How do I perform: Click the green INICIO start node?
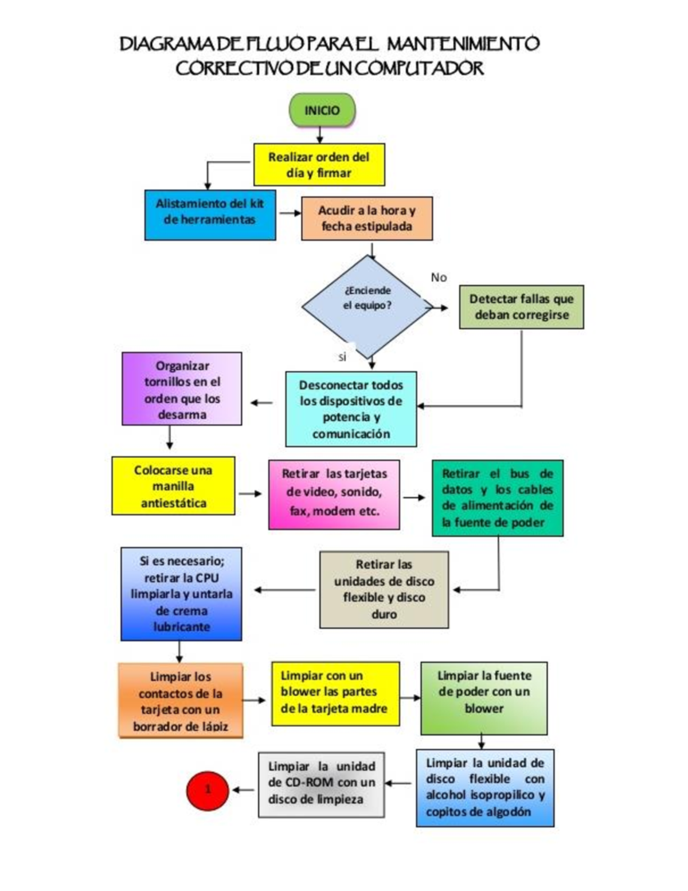(x=322, y=111)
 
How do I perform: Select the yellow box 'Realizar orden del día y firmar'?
(x=319, y=165)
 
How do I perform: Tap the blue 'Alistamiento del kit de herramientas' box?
(x=210, y=215)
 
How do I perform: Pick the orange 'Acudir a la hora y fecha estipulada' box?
(x=366, y=219)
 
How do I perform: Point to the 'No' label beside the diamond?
(x=439, y=278)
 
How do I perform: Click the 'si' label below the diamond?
(x=342, y=357)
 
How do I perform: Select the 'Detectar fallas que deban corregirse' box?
(x=521, y=307)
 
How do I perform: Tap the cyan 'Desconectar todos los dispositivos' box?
(x=351, y=409)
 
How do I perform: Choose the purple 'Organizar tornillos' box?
(x=182, y=389)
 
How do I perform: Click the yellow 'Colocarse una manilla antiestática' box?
(x=173, y=486)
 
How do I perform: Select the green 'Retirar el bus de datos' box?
(x=497, y=498)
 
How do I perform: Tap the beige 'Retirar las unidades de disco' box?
(x=384, y=590)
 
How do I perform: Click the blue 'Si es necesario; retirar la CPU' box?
(x=181, y=594)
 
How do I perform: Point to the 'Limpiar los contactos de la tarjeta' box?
(x=181, y=701)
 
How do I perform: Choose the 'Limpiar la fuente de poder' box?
(x=484, y=698)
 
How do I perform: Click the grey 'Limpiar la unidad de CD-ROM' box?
(x=321, y=784)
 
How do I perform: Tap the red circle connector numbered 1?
(x=208, y=790)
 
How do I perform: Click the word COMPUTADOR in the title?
(x=421, y=68)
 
